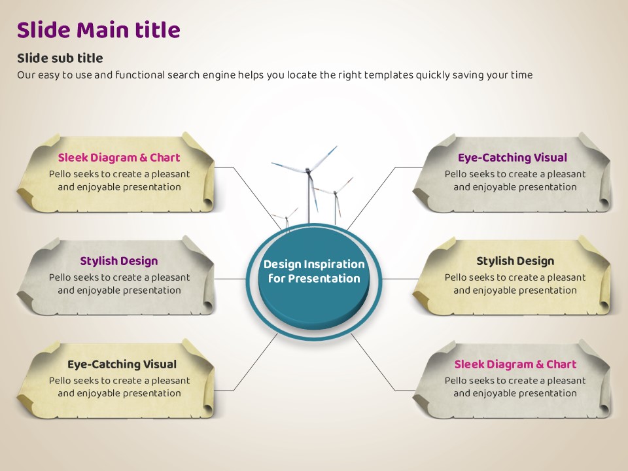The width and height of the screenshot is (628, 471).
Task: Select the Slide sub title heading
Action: point(60,58)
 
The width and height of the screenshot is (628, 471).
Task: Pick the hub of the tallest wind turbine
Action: point(308,170)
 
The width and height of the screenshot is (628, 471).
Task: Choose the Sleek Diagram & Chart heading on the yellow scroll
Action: point(118,158)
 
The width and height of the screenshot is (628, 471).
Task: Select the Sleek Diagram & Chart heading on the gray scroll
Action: point(515,364)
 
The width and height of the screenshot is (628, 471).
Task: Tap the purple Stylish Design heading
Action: point(118,261)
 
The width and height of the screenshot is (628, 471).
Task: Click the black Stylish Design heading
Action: point(515,261)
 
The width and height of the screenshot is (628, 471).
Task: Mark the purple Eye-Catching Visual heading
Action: point(512,158)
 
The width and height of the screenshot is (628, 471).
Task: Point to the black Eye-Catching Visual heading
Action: point(122,364)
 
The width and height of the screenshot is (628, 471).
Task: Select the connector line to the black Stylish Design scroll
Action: point(399,279)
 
